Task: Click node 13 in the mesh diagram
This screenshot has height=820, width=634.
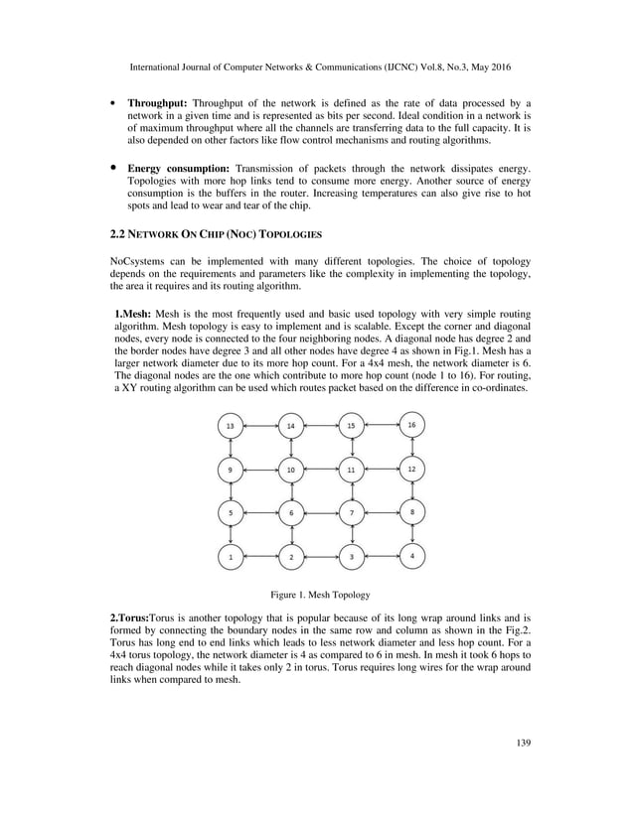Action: (231, 426)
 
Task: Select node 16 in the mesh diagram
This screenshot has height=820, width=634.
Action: (411, 424)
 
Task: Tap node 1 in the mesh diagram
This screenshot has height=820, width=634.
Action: (231, 557)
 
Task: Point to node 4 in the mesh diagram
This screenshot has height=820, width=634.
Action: (411, 556)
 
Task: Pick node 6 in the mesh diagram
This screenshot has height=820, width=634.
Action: (291, 513)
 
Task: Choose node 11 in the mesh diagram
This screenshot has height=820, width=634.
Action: (351, 469)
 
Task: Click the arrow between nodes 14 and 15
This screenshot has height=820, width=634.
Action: (321, 426)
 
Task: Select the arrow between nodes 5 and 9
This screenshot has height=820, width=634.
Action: (231, 490)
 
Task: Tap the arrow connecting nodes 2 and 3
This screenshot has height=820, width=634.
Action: (321, 557)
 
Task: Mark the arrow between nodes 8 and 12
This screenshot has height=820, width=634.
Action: (411, 489)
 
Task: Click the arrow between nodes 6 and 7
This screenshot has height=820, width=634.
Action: (321, 513)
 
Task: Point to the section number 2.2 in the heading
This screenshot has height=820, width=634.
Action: (116, 235)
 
